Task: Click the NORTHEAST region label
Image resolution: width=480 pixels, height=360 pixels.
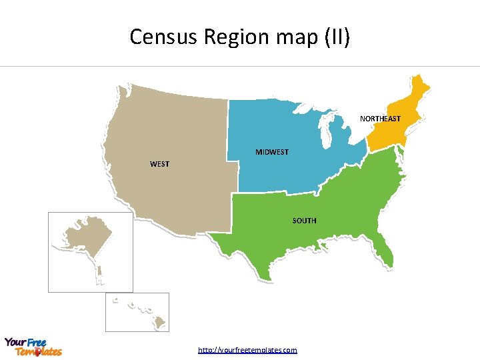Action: click(380, 119)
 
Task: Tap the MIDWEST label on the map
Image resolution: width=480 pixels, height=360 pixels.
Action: click(272, 152)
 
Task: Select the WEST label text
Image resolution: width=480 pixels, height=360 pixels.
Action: click(159, 164)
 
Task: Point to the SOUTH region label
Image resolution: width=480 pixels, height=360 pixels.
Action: click(304, 221)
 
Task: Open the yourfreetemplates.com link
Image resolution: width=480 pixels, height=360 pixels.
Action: click(247, 350)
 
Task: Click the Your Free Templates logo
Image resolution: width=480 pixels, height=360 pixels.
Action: click(33, 347)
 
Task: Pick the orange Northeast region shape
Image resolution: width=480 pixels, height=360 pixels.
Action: click(393, 131)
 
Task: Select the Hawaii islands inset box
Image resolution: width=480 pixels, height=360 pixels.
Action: click(137, 312)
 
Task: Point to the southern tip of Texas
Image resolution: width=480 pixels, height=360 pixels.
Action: click(270, 277)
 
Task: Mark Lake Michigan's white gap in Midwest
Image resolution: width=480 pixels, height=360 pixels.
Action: click(323, 133)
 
